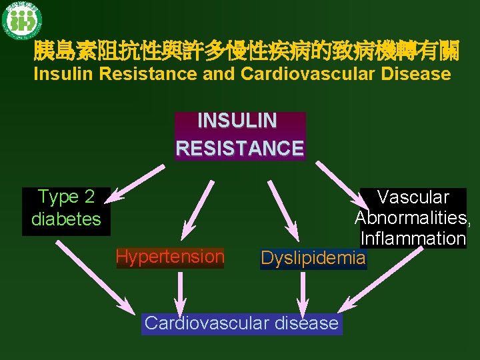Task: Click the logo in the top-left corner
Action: click(x=21, y=21)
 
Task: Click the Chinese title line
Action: click(x=246, y=49)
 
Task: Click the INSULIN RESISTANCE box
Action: click(x=240, y=135)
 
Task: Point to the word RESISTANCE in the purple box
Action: click(x=240, y=148)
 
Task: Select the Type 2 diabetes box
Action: click(x=66, y=208)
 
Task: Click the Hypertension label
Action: click(x=170, y=257)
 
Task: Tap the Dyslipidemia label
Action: click(x=313, y=258)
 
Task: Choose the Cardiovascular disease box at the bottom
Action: click(x=241, y=323)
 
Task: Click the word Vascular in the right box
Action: click(x=413, y=197)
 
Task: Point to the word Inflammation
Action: click(x=413, y=238)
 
